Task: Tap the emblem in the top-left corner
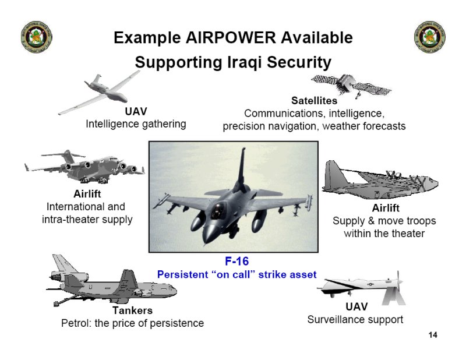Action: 37,37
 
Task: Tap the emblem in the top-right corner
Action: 429,37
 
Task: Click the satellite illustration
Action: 351,85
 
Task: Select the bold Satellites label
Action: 314,100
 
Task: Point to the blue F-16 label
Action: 236,261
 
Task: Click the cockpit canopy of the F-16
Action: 218,210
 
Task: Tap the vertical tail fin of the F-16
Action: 241,170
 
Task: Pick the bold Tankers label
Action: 133,310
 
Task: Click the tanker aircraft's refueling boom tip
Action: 56,304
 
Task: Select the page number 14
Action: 433,335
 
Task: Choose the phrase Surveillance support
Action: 355,320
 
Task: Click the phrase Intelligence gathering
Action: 136,124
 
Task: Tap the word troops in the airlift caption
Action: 421,221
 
